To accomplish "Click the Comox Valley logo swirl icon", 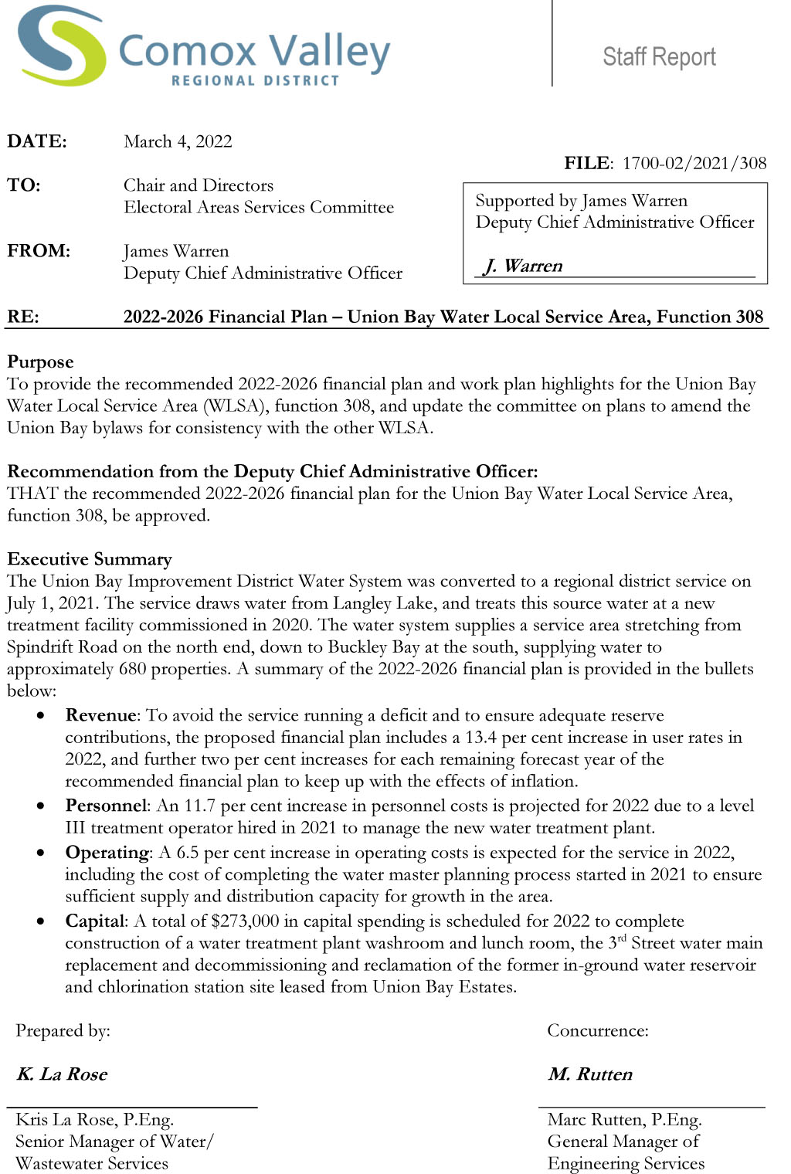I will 62,46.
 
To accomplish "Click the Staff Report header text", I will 659,56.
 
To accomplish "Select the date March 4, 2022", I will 178,141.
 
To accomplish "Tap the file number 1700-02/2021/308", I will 694,163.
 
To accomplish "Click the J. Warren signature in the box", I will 523,266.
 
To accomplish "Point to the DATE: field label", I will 37,141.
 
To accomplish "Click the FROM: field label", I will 39,251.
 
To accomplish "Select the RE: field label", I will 23,317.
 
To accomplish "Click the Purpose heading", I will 40,361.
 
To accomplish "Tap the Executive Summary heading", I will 90,558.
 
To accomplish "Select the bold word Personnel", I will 106,806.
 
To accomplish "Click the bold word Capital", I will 94,921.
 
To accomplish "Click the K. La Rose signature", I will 62,1074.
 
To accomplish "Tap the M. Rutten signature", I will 590,1074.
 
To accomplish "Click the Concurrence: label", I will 598,1030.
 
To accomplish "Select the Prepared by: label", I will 63,1030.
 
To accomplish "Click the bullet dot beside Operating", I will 41,853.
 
